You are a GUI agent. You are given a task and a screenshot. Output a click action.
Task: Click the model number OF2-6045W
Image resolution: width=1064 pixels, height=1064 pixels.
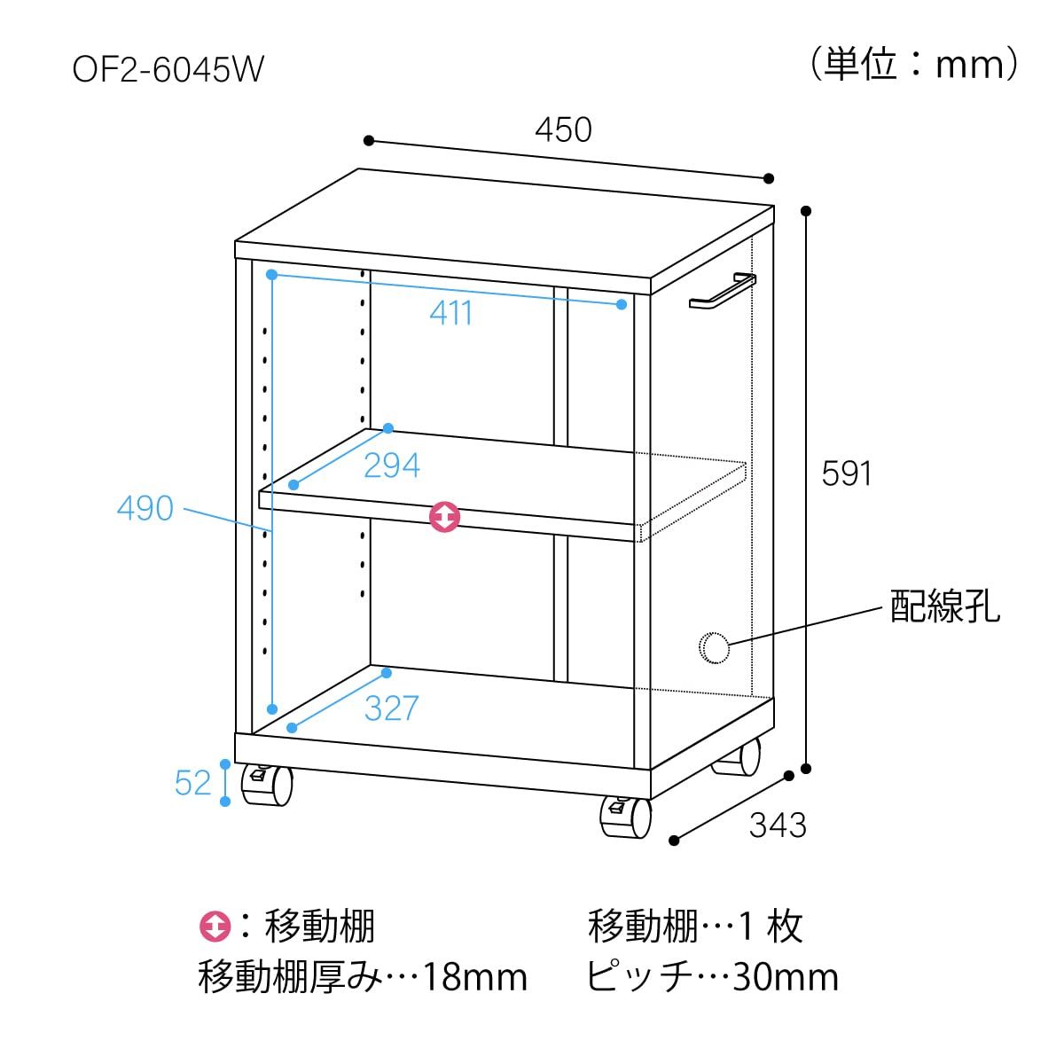point(168,70)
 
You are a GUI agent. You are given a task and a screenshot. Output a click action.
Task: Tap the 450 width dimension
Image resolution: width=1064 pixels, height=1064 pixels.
point(563,130)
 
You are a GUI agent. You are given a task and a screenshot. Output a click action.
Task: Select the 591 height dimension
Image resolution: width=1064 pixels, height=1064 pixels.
point(847,473)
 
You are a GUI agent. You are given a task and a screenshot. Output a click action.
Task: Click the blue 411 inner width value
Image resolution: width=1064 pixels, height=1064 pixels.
point(451,313)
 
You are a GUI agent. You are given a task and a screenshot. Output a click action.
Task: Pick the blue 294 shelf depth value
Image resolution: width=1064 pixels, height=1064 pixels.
point(392,465)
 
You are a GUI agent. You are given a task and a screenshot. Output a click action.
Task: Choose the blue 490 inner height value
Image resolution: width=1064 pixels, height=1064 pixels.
point(145,508)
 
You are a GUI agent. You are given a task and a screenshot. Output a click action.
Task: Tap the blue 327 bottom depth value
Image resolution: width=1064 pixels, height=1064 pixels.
point(392,708)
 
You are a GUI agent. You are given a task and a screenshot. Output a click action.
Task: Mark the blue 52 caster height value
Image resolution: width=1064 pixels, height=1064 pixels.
point(192,782)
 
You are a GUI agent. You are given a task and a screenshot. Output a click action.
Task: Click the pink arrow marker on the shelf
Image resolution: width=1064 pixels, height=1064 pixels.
point(444,517)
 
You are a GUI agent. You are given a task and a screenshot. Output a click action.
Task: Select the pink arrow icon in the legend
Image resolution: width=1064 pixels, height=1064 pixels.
point(215,926)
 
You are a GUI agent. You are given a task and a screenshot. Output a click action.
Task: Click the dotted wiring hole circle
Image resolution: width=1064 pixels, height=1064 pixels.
point(714,647)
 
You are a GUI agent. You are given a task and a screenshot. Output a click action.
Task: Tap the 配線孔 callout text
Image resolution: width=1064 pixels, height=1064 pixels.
point(944,606)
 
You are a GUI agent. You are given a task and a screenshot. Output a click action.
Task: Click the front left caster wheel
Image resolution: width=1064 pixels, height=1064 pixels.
point(267,785)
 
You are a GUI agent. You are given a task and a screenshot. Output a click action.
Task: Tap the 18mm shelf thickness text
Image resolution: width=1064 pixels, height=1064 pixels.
point(475,978)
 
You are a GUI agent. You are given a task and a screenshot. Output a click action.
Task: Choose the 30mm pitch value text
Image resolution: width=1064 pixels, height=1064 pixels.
point(786,978)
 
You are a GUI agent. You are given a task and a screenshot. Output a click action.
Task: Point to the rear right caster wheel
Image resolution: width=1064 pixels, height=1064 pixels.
point(737,757)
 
